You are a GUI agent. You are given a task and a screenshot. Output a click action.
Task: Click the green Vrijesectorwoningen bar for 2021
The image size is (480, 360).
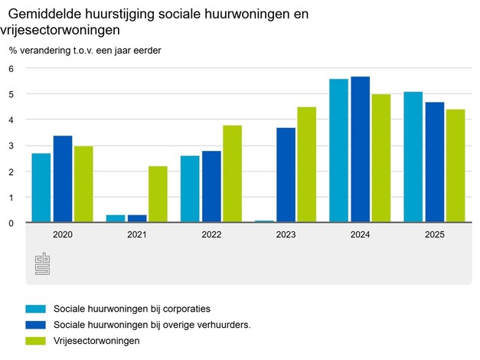click(158, 195)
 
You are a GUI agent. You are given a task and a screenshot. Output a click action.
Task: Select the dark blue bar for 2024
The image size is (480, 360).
click(360, 149)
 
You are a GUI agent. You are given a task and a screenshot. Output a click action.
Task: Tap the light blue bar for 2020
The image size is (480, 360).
click(41, 188)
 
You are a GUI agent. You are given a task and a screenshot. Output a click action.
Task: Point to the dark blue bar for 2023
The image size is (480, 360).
click(286, 175)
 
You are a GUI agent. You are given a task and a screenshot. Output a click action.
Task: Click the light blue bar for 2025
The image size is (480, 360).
click(413, 157)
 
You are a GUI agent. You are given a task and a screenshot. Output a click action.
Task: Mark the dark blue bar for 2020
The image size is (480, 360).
click(63, 179)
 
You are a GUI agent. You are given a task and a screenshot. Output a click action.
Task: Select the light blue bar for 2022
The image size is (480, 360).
click(190, 189)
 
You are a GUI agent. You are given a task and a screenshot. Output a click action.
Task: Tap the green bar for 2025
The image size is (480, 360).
click(456, 165)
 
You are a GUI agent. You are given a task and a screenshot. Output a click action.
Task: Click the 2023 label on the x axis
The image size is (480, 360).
click(286, 236)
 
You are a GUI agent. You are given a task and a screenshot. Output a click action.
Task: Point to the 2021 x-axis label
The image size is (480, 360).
click(137, 236)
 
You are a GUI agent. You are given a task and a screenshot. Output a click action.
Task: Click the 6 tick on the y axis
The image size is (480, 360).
click(11, 68)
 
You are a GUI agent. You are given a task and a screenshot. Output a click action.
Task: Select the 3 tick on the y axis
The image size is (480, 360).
click(11, 146)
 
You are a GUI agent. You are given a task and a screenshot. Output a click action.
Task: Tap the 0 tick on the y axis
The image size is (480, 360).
click(11, 223)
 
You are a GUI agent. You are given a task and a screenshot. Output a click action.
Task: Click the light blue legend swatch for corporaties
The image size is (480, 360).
click(36, 309)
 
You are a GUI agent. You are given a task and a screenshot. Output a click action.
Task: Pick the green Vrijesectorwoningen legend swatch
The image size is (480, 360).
click(36, 341)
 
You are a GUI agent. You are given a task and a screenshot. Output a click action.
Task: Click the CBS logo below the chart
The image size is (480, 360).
click(42, 264)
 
